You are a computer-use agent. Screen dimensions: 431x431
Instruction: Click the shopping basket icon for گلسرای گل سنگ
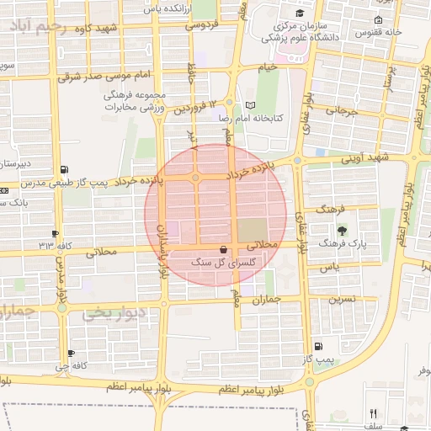223,250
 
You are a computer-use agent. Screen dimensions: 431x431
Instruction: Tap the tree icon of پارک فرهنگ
341,231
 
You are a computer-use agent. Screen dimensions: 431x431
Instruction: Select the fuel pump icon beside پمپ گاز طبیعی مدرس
66,169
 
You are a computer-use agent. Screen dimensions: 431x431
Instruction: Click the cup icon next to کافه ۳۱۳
56,233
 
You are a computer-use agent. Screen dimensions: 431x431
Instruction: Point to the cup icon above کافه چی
71,354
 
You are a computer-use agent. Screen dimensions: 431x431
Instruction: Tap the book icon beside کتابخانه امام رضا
249,105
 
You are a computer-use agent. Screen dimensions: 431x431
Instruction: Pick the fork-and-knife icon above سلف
374,413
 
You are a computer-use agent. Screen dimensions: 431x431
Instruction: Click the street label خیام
268,67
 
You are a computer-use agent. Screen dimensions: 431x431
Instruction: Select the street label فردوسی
203,25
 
